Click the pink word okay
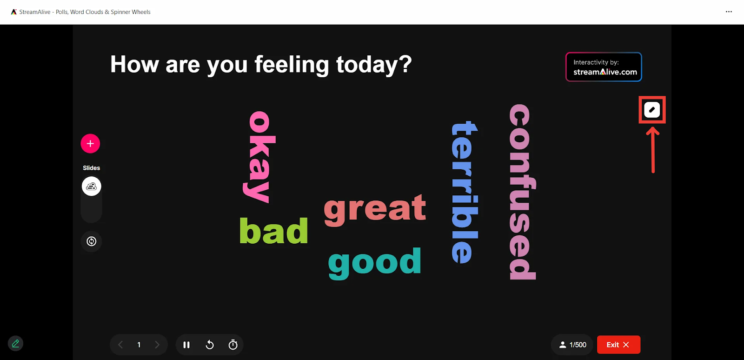pos(259,157)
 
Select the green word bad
pos(274,231)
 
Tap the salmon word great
pos(375,210)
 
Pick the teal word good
pos(375,263)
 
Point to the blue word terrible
pos(465,192)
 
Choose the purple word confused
pos(522,192)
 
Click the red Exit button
pos(618,345)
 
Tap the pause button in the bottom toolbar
pos(186,345)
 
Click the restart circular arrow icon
pos(210,345)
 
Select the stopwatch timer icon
pos(233,345)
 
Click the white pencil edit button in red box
pos(652,110)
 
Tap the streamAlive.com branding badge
pos(604,67)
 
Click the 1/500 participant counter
pos(572,345)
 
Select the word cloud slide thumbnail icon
pos(91,187)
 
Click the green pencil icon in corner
pos(15,343)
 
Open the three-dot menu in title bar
pos(729,12)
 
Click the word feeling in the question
pos(292,65)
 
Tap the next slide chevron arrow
pos(157,345)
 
